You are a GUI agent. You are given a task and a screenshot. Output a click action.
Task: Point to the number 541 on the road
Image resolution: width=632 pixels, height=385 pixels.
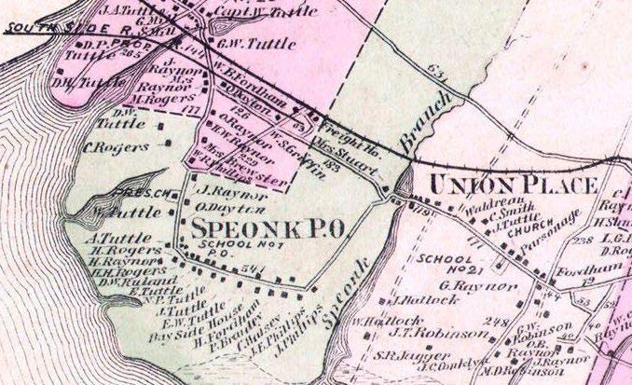tap(249, 270)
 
